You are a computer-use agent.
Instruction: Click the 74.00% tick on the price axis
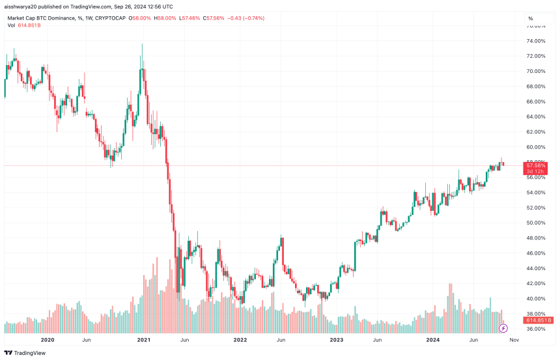point(537,41)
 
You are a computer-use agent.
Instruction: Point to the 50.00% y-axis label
point(537,223)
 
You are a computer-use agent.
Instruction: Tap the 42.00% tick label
point(537,283)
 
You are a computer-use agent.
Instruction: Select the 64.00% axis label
point(537,117)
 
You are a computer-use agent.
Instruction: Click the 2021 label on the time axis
point(144,339)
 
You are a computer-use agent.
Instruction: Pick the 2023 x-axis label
point(337,339)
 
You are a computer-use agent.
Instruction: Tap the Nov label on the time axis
point(514,339)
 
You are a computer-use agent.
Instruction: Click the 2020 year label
point(47,339)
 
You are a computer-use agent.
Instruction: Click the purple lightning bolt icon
point(503,328)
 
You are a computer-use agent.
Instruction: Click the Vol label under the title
point(12,25)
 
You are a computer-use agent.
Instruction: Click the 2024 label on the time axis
point(433,339)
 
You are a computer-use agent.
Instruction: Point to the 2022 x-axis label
point(240,339)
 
